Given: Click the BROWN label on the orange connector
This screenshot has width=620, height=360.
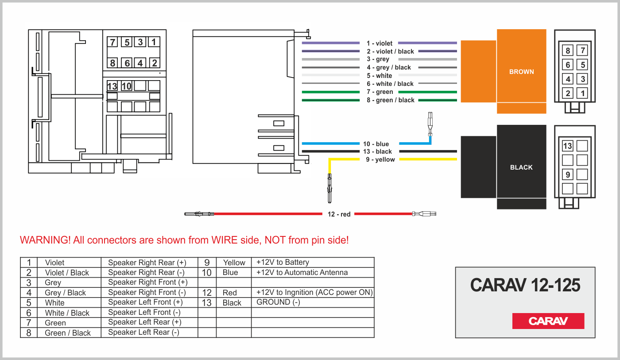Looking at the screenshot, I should pos(521,72).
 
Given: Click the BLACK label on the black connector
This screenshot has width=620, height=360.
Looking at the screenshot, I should pos(521,167).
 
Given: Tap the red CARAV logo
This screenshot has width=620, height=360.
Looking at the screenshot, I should pos(548,321).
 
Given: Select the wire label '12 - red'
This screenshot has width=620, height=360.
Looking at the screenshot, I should pos(339,214).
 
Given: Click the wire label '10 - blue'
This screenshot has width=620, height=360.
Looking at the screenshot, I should pos(376,144).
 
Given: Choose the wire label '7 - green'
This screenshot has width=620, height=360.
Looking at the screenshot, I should pos(380,92).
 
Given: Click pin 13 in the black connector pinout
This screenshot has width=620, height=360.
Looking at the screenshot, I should pos(567,146).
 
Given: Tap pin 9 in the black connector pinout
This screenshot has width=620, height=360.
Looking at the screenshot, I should pos(567,174).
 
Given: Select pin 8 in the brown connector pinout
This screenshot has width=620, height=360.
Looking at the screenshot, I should pos(568,50).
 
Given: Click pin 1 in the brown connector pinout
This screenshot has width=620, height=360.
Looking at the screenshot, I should pos(583,93).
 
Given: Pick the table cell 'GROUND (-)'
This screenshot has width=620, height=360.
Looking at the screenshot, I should pos(278,302).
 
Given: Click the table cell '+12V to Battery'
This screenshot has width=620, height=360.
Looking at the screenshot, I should pos(283,262).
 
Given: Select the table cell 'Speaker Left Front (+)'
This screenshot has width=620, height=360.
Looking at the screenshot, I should pos(145,302).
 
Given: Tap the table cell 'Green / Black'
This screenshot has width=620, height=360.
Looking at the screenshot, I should pos(68,333).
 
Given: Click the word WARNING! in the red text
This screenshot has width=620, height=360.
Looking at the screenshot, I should pos(45,240).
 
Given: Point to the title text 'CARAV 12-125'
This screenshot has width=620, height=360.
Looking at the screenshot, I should pos(525,286).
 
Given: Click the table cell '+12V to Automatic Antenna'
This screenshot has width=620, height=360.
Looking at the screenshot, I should pos(302,272).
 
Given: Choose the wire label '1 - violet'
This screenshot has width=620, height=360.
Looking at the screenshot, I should pos(380,43).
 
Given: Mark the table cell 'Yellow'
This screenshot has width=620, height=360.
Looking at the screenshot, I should pos(234,263).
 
